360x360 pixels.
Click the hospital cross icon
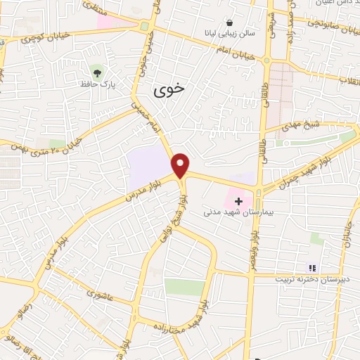coord(239,200)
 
